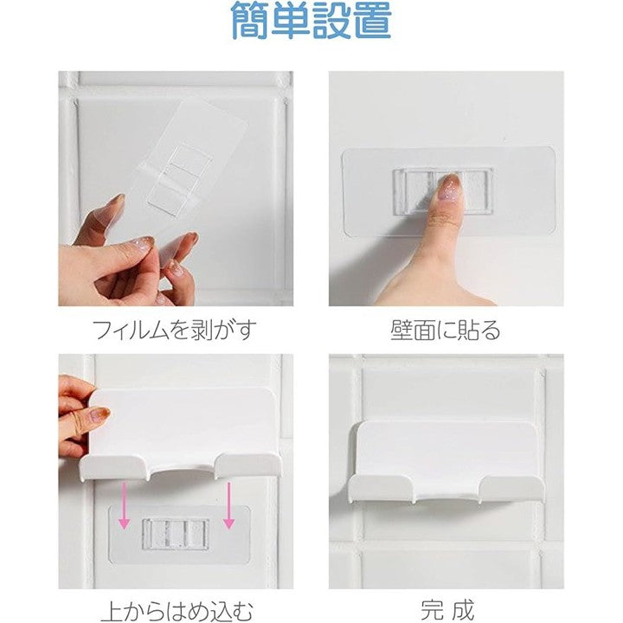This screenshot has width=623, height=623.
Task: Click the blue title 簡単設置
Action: [x=311, y=20]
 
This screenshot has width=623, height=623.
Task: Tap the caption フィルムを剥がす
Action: [x=174, y=330]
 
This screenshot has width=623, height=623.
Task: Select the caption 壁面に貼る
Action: [x=446, y=330]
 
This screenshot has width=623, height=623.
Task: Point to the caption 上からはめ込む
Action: [x=177, y=611]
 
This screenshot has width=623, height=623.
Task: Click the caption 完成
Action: [x=447, y=610]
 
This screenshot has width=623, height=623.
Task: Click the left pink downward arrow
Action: [x=125, y=505]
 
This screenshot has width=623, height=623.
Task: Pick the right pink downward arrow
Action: [x=228, y=505]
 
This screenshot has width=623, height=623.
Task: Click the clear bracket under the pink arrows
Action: [x=175, y=534]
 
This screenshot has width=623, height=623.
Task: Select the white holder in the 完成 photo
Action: [x=446, y=462]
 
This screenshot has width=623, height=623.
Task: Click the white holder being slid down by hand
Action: [x=181, y=434]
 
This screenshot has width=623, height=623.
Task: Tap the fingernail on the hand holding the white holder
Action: [x=100, y=415]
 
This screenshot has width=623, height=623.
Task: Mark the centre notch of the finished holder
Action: [x=446, y=492]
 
